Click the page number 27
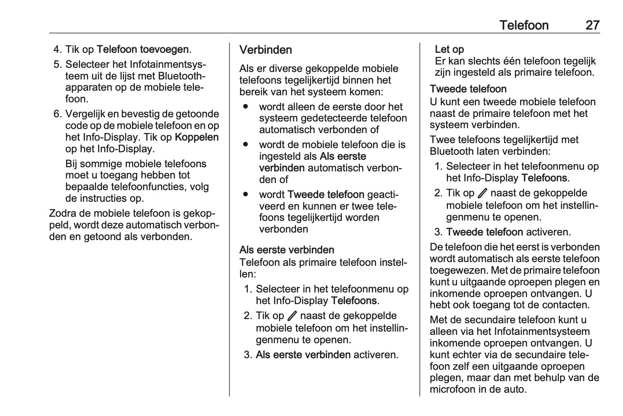coord(592,25)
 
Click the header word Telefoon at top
coord(524,25)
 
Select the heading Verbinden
coord(266,50)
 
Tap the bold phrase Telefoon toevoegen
coord(142,50)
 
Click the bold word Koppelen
coord(197,137)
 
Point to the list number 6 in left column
coord(57,114)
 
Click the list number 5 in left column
coord(57,64)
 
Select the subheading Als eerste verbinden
coord(287,250)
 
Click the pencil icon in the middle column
coord(292,316)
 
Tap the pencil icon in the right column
coord(483,193)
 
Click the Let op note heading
coord(449,50)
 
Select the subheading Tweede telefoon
coord(468,89)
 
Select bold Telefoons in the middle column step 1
coord(354,301)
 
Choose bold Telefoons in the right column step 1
coord(544,178)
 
